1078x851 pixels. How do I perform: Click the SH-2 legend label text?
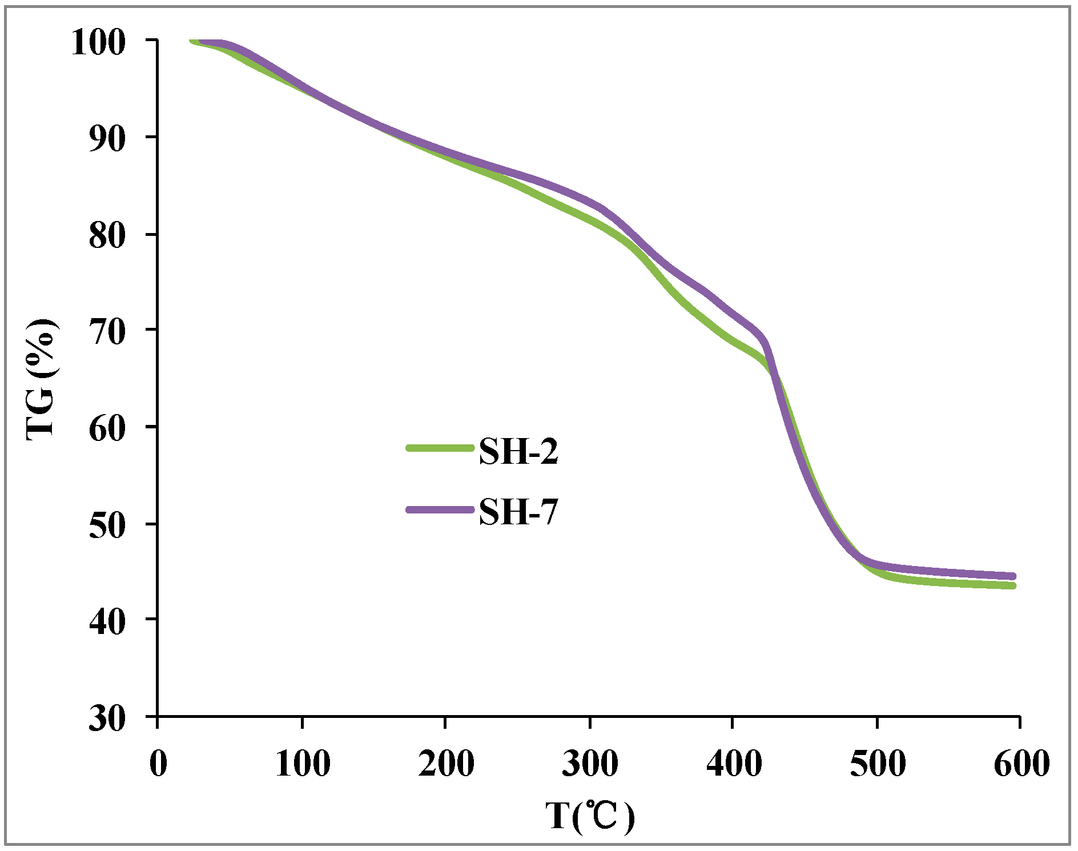(518, 452)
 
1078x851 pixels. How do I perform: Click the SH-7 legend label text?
(518, 511)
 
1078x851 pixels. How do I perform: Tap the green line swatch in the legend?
(440, 448)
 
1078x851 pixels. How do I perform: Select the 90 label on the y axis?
(107, 139)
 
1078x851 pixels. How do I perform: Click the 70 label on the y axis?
(107, 332)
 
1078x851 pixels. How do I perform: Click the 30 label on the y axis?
(107, 718)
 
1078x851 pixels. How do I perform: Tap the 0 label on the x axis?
(158, 763)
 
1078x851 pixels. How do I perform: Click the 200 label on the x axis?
(446, 763)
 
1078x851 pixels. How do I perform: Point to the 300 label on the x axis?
(590, 763)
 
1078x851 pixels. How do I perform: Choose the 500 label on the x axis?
(878, 763)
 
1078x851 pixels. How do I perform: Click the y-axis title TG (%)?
(42, 380)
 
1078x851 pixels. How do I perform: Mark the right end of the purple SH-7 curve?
(1013, 576)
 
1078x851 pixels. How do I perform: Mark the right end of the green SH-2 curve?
(1013, 586)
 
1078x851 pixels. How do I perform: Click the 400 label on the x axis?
(734, 763)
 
